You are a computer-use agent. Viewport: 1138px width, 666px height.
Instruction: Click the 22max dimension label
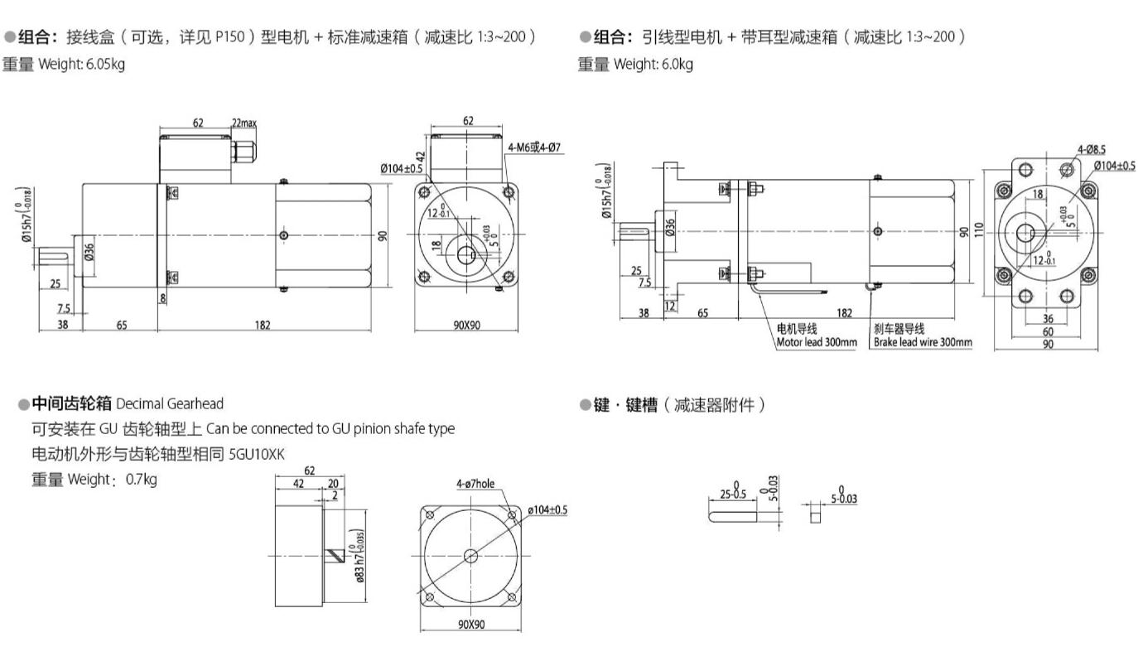pyautogui.click(x=244, y=123)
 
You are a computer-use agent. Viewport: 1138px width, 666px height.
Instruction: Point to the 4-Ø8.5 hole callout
pyautogui.click(x=1091, y=150)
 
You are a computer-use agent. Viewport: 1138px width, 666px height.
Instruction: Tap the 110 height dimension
pyautogui.click(x=980, y=230)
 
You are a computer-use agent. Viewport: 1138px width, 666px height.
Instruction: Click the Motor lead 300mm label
pyautogui.click(x=816, y=342)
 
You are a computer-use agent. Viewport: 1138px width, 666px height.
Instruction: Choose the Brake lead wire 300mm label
pyautogui.click(x=923, y=342)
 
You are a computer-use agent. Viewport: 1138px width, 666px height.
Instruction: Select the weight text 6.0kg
pyautogui.click(x=677, y=64)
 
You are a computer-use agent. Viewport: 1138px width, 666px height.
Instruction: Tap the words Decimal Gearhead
pyautogui.click(x=170, y=404)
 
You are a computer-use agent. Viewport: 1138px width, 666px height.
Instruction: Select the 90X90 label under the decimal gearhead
pyautogui.click(x=471, y=624)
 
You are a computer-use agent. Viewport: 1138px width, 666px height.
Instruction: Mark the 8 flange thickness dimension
pyautogui.click(x=163, y=297)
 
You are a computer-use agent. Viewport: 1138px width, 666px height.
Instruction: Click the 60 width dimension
pyautogui.click(x=1048, y=331)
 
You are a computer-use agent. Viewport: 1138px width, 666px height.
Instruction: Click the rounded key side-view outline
pyautogui.click(x=732, y=517)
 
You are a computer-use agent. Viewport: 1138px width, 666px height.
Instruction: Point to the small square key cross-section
pyautogui.click(x=815, y=517)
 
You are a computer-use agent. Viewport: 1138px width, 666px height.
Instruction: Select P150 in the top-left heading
pyautogui.click(x=229, y=37)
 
